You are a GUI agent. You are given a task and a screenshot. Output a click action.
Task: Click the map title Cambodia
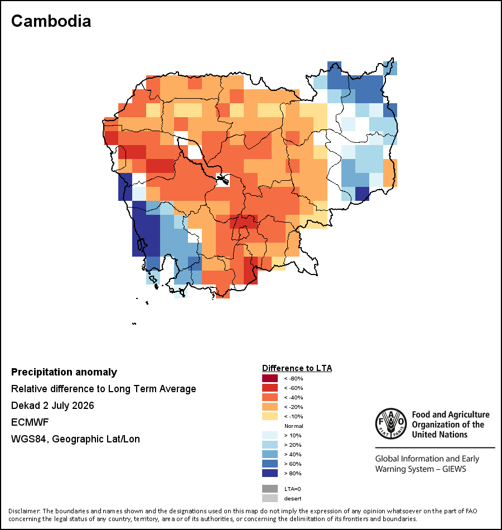tap(51, 21)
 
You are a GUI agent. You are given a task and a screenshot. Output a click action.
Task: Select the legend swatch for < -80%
tap(270, 378)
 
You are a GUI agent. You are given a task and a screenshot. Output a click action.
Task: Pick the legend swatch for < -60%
tap(270, 388)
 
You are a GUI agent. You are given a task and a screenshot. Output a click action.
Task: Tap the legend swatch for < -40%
tap(270, 397)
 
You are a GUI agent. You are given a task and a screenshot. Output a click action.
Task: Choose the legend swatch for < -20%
tap(270, 407)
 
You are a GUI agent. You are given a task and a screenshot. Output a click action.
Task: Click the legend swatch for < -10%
tap(270, 416)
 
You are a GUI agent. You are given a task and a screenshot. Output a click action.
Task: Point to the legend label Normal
tap(294, 426)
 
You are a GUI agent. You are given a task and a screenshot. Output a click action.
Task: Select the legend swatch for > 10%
tap(270, 435)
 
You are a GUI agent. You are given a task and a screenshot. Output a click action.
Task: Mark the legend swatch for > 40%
tap(270, 454)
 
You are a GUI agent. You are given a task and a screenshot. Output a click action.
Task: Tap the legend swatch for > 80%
tap(270, 473)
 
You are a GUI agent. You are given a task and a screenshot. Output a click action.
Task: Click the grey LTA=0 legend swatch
tap(270, 489)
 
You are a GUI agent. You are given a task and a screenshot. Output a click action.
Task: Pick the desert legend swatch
tap(270, 498)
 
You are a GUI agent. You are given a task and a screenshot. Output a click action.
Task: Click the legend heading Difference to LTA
tap(297, 368)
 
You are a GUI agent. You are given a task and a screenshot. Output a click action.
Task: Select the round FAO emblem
tap(391, 423)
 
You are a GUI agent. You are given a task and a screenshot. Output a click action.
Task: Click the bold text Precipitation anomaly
tap(64, 372)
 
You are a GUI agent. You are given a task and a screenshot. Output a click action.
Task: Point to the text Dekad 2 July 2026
tap(52, 406)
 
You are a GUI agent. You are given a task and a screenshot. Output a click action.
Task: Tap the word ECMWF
tap(30, 422)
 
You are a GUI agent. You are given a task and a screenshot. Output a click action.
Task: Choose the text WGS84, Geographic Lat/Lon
tap(75, 439)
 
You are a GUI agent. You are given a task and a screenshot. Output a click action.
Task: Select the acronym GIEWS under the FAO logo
tap(454, 469)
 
